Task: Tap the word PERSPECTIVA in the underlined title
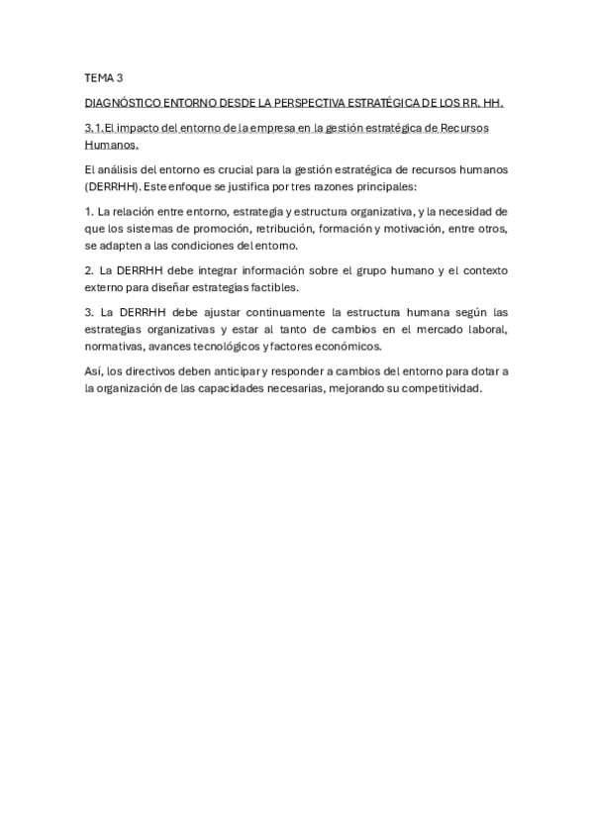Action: tap(311, 103)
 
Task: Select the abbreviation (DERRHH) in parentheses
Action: tap(112, 185)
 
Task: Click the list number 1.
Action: tap(88, 211)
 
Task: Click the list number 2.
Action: tap(89, 269)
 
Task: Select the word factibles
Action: tap(269, 286)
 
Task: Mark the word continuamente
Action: tap(245, 312)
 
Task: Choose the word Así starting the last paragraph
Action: tap(95, 371)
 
